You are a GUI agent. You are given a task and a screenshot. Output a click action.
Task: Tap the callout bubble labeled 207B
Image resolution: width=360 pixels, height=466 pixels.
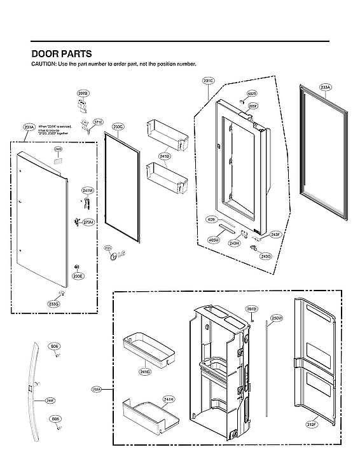(x=83, y=94)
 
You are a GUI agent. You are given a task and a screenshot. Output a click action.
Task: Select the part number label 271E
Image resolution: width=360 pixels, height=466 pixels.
(x=98, y=122)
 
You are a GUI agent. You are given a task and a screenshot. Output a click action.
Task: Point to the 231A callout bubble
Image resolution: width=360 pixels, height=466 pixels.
(x=29, y=128)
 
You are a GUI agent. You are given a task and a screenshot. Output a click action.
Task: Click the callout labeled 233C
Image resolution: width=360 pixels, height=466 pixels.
(x=118, y=127)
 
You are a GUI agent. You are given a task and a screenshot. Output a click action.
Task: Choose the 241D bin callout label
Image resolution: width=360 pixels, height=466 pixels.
(x=165, y=156)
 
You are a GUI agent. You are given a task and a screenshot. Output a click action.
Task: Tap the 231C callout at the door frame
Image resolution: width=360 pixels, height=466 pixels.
(x=209, y=81)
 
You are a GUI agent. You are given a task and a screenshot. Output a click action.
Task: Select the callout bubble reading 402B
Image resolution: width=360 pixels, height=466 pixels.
(x=252, y=93)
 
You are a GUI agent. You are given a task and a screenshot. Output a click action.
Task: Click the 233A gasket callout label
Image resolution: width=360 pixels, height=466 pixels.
(x=325, y=87)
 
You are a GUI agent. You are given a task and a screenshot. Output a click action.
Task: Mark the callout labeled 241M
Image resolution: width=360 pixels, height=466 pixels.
(x=88, y=190)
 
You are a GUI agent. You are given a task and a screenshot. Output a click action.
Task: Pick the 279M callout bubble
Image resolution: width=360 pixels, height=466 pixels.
(x=88, y=222)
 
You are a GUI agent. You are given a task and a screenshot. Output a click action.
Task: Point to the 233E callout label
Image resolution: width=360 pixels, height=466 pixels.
(x=78, y=277)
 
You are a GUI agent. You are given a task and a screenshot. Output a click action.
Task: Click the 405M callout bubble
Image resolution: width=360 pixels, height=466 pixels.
(x=213, y=240)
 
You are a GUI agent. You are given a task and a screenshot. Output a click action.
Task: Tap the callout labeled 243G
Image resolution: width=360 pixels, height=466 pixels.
(x=266, y=256)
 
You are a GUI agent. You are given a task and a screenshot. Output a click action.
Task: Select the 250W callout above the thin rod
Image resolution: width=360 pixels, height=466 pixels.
(x=276, y=317)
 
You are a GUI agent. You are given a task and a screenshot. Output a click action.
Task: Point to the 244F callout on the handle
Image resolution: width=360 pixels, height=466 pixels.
(x=50, y=401)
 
